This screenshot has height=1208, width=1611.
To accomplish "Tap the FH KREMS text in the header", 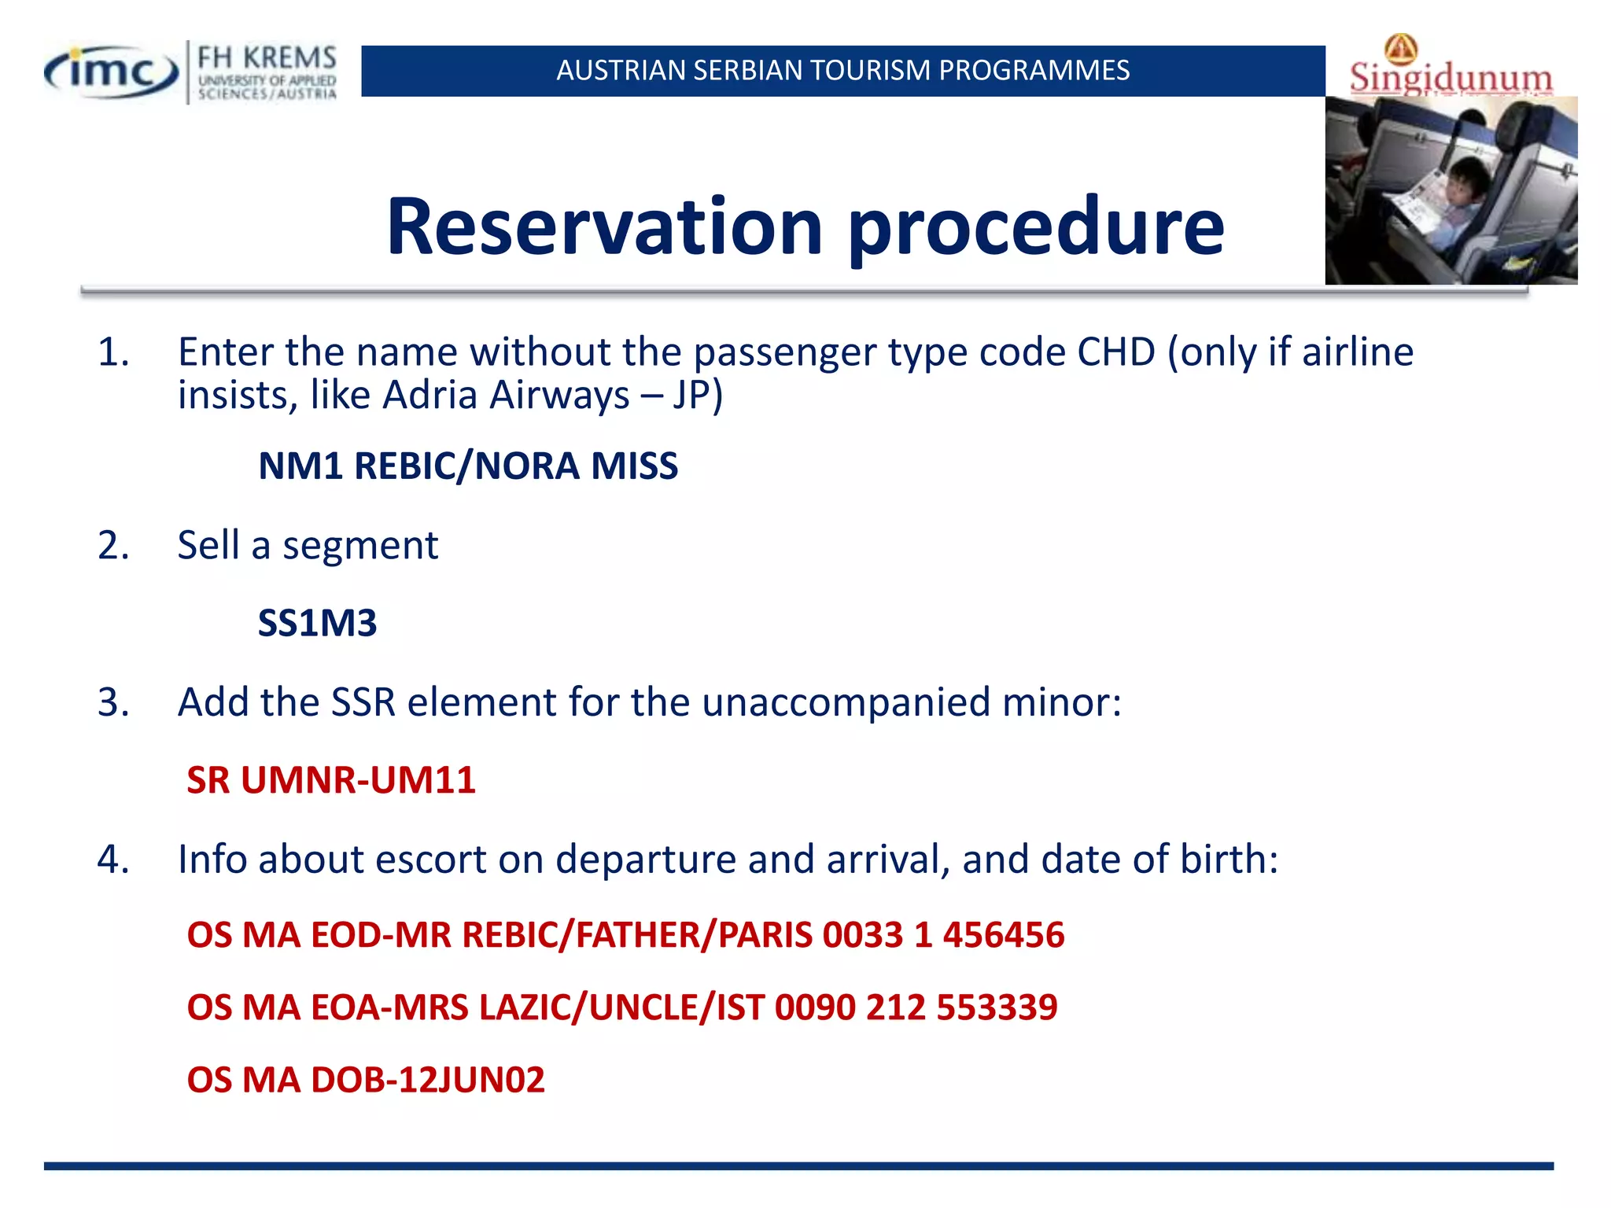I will click(x=267, y=58).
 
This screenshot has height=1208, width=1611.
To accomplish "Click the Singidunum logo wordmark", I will click(x=1451, y=78).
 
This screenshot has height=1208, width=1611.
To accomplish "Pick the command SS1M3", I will click(x=318, y=623).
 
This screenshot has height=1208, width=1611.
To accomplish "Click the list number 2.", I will click(x=113, y=545).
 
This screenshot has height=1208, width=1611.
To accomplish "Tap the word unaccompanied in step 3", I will click(x=846, y=702).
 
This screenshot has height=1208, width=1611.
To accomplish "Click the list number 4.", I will click(x=113, y=859).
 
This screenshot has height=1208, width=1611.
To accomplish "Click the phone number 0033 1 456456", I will click(x=943, y=935).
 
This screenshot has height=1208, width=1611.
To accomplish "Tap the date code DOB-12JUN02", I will click(x=428, y=1080).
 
